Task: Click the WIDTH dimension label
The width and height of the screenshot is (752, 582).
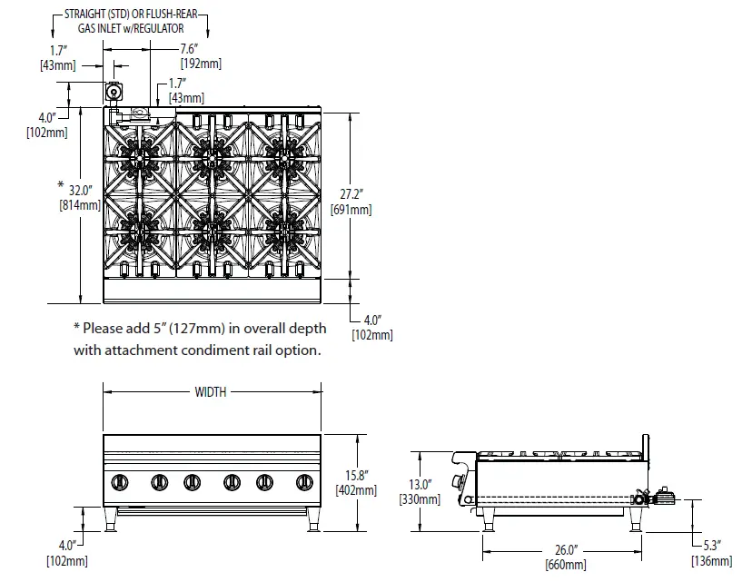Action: [210, 392]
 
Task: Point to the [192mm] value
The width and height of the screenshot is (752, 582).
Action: [200, 64]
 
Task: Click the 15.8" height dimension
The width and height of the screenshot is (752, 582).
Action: [358, 475]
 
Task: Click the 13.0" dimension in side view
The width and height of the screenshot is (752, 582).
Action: [420, 484]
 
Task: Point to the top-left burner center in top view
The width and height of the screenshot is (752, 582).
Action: [141, 159]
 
